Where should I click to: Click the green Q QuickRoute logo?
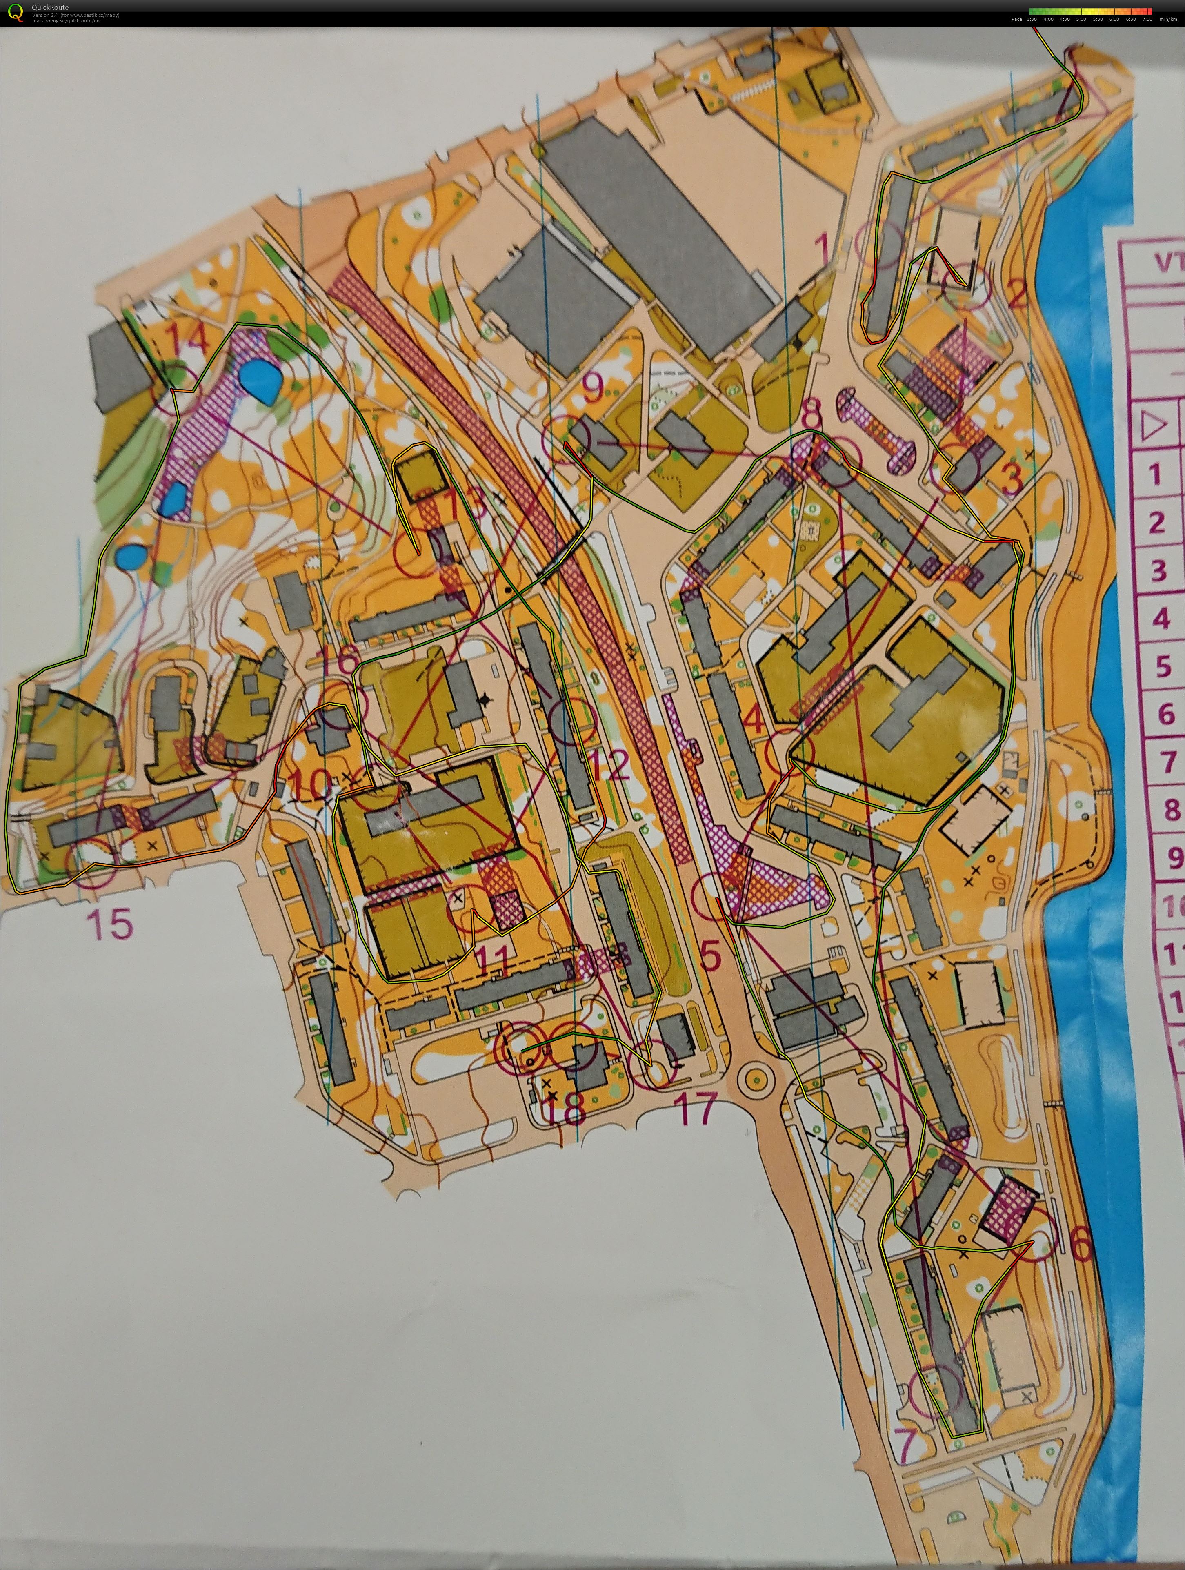[x=13, y=12]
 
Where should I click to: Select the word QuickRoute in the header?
[x=50, y=7]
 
